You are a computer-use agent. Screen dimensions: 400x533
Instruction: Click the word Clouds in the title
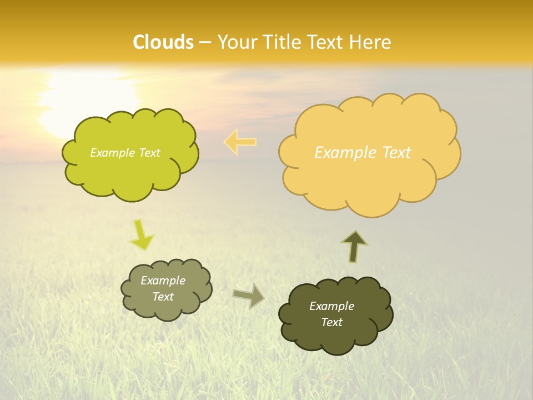(163, 42)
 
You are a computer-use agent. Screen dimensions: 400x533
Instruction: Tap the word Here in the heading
(372, 42)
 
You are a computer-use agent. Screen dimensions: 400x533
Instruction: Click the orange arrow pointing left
(240, 142)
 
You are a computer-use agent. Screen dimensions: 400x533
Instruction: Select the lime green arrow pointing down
(141, 236)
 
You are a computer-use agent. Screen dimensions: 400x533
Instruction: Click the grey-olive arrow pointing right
(249, 296)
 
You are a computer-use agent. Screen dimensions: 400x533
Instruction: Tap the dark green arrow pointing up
(354, 246)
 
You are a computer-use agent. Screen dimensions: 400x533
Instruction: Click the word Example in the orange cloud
(341, 152)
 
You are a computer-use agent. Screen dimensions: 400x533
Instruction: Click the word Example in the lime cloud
(111, 153)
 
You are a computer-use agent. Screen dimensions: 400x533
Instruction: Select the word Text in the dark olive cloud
(331, 322)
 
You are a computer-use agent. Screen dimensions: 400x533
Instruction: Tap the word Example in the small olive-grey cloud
(163, 281)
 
